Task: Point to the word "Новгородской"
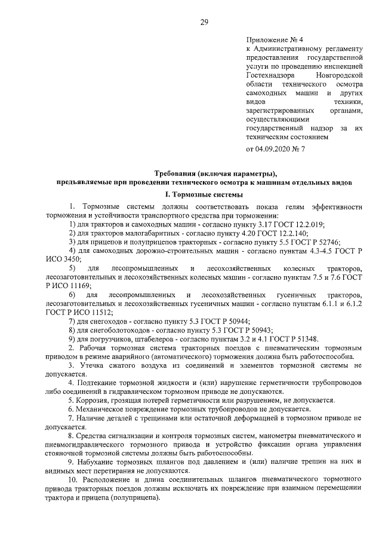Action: point(338,76)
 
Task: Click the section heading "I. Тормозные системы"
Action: point(204,194)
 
